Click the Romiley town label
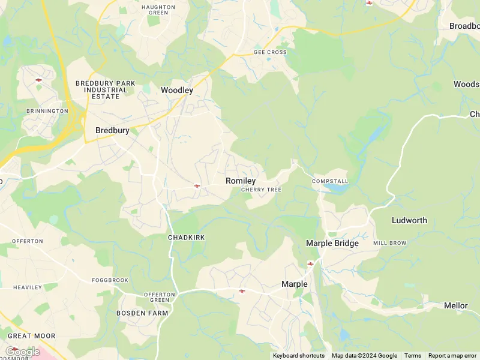pos(241,181)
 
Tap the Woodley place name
pos(177,90)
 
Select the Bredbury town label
pos(112,130)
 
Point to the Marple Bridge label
pos(332,243)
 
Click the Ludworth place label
pos(409,220)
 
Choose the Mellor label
pos(455,305)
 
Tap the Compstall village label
pos(330,181)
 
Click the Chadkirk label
pos(186,238)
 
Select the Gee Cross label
pos(270,52)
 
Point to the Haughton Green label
pos(158,10)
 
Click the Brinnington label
pos(47,111)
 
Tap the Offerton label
pos(28,241)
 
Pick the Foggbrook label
pos(110,280)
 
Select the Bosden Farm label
pos(142,313)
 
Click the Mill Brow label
pos(389,243)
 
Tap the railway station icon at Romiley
pos(197,186)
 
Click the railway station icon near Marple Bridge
pos(311,263)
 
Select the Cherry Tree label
pos(261,190)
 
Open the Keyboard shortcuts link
pos(299,356)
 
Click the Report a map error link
pos(452,356)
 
